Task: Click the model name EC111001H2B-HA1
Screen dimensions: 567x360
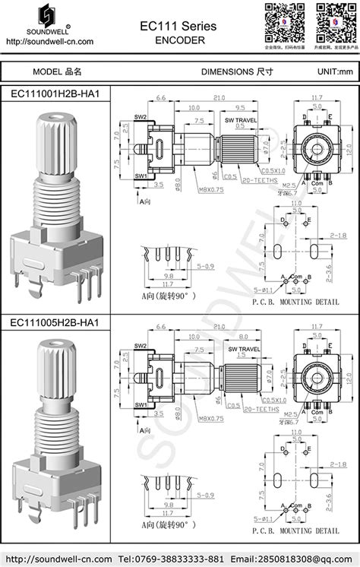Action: click(x=55, y=93)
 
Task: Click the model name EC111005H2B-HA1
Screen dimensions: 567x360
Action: click(x=55, y=323)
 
